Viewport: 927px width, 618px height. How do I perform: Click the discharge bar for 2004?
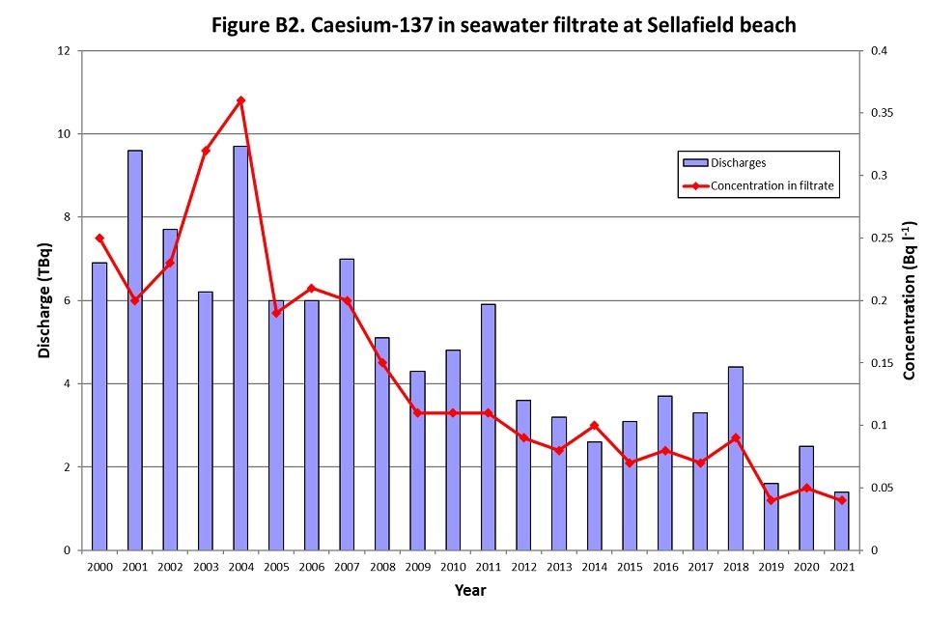tap(240, 348)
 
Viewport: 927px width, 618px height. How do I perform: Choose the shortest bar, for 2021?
tap(841, 520)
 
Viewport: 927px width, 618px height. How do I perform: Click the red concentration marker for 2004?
tap(240, 100)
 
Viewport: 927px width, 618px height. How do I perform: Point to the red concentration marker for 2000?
tap(99, 238)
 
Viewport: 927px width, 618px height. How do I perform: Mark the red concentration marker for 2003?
tap(206, 151)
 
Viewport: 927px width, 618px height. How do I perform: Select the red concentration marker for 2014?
tap(594, 425)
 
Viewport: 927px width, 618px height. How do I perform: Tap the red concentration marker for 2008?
tap(382, 363)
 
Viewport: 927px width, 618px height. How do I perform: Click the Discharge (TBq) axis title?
tap(44, 299)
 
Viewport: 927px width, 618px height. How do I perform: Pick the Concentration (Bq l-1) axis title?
tap(909, 301)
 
